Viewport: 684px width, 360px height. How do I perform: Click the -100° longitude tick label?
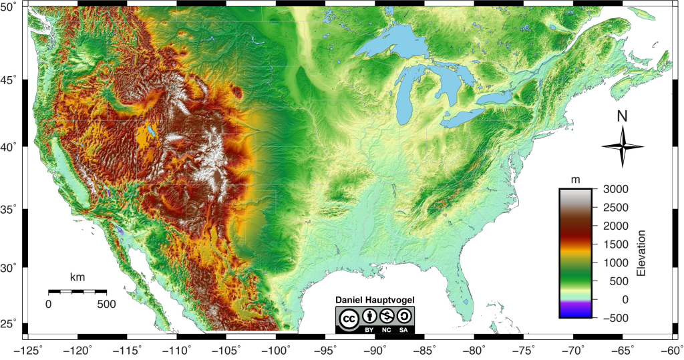[x=277, y=349]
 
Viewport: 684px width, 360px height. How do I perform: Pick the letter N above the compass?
[x=622, y=116]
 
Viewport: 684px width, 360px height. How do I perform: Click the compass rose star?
[x=622, y=147]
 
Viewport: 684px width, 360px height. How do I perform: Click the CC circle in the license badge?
[x=348, y=320]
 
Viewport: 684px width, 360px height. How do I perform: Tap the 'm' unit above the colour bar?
[x=575, y=180]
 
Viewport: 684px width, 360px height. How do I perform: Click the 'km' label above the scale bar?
[x=77, y=277]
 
